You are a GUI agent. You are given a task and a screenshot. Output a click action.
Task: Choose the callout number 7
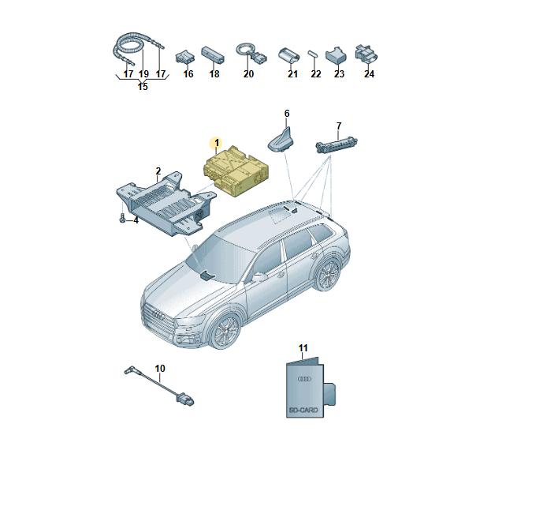pos(339,126)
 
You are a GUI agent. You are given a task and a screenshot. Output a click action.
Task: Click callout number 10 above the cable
pos(160,368)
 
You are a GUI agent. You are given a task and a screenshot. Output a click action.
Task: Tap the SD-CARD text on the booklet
pos(299,411)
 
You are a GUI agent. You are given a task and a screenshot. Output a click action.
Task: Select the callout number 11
pos(304,348)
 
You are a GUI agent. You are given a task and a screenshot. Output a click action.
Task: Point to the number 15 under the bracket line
pos(143,86)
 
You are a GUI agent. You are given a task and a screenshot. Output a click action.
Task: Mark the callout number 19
pos(143,74)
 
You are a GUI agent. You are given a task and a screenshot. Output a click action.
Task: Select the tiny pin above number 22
pos(314,54)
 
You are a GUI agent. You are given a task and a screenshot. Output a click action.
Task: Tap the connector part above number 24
pos(366,54)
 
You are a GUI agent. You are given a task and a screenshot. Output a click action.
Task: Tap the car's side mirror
pos(258,277)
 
